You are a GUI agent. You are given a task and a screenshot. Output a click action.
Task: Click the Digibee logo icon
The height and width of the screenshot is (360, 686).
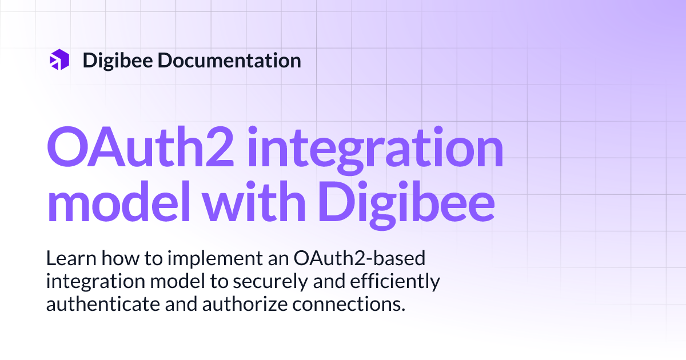click(x=59, y=60)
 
